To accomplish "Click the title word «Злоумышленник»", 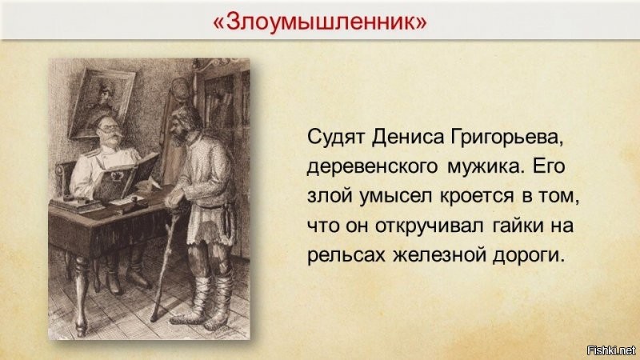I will coord(319,22).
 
